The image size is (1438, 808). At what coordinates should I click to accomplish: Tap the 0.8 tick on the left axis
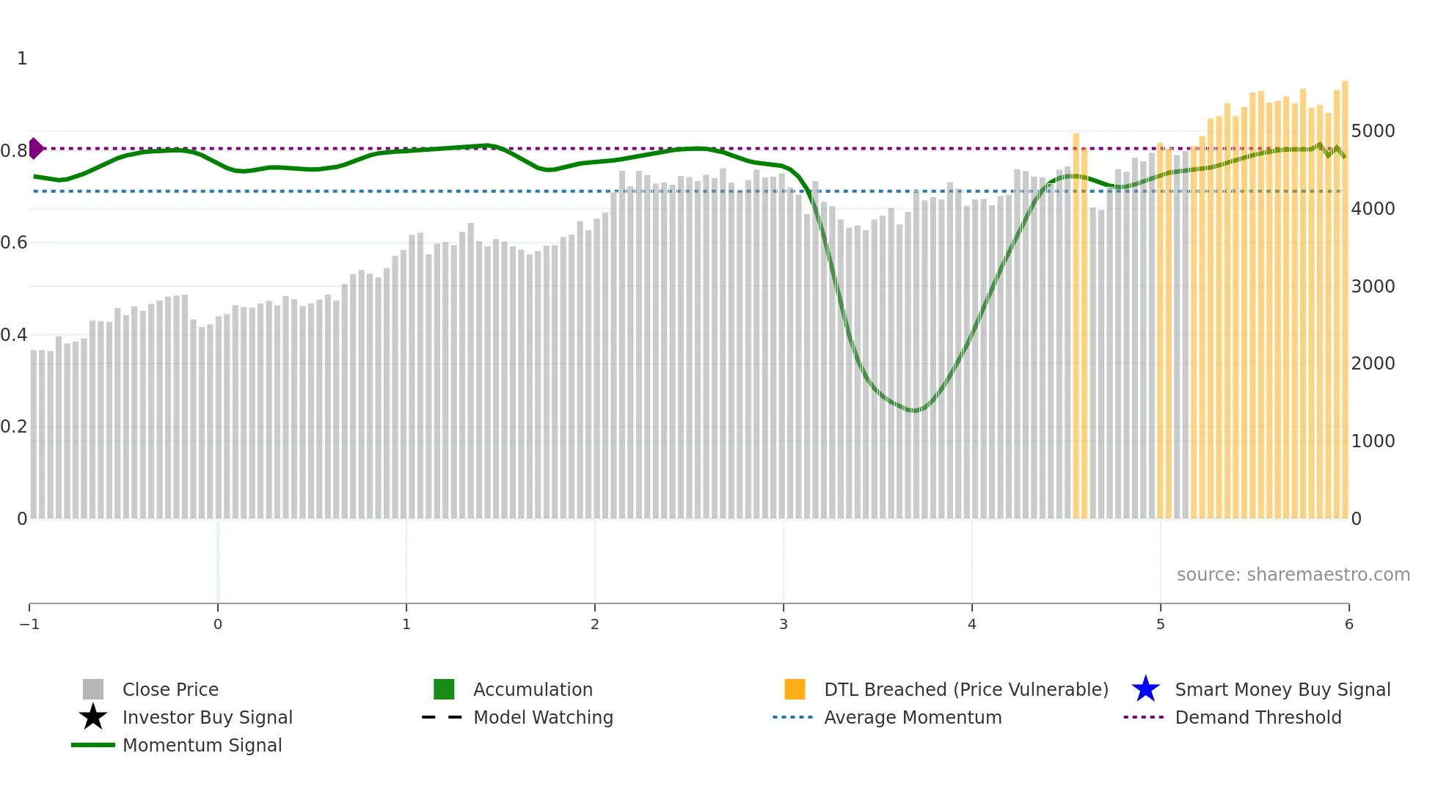pyautogui.click(x=14, y=151)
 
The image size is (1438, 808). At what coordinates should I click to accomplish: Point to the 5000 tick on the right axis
pyautogui.click(x=1373, y=131)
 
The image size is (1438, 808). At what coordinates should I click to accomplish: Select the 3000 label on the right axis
pyautogui.click(x=1373, y=287)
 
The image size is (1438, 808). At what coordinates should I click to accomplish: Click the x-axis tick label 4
pyautogui.click(x=972, y=625)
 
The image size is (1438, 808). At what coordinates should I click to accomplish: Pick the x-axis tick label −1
pyautogui.click(x=29, y=625)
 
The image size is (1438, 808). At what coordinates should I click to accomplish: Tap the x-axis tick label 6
pyautogui.click(x=1348, y=625)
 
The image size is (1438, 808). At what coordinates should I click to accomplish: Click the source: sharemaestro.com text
pyautogui.click(x=1293, y=575)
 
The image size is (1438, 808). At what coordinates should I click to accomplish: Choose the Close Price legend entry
pyautogui.click(x=170, y=689)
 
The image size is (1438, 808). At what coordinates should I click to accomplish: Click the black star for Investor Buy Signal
pyautogui.click(x=93, y=717)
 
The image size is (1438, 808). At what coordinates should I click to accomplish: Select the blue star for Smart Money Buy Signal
pyautogui.click(x=1145, y=689)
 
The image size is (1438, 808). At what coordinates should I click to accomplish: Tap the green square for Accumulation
pyautogui.click(x=444, y=689)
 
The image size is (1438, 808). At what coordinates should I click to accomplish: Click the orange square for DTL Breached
pyautogui.click(x=795, y=689)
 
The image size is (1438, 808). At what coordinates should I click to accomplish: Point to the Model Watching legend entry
pyautogui.click(x=543, y=717)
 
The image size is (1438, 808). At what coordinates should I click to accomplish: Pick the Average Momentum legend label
pyautogui.click(x=913, y=717)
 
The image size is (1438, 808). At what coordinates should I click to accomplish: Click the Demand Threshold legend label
pyautogui.click(x=1258, y=717)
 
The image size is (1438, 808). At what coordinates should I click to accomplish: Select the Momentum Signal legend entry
pyautogui.click(x=202, y=745)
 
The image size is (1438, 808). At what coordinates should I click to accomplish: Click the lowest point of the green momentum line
pyautogui.click(x=914, y=411)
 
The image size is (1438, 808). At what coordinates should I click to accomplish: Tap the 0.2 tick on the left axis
pyautogui.click(x=14, y=427)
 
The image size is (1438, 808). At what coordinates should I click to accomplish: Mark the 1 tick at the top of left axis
pyautogui.click(x=22, y=59)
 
